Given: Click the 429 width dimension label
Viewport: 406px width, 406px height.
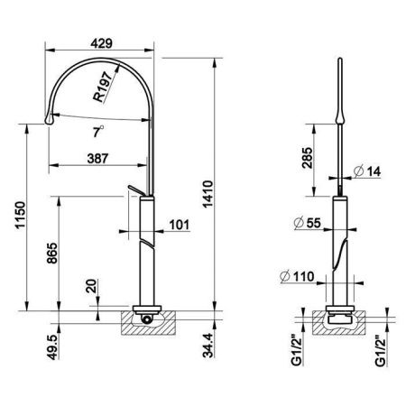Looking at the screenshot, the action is click(x=101, y=43).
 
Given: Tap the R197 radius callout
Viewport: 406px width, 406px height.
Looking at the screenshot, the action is click(x=103, y=87).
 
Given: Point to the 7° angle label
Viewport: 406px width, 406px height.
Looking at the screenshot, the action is click(x=97, y=132).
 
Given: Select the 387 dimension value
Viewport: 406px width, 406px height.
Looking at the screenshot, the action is click(x=97, y=158).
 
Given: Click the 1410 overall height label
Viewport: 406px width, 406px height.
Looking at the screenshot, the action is click(x=208, y=194).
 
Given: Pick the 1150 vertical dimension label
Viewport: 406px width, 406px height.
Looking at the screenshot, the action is click(x=21, y=216).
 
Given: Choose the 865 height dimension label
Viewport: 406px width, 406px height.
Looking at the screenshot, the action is click(x=52, y=254).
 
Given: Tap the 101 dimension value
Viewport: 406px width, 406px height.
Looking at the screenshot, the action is click(x=180, y=225).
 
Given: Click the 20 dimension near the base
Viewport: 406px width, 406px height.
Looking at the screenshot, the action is click(x=91, y=286).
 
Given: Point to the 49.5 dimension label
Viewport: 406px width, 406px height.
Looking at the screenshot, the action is click(x=52, y=346).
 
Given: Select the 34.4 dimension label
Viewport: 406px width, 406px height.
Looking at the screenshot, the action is click(x=208, y=345).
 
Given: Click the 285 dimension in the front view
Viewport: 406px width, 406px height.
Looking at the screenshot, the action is click(x=307, y=158).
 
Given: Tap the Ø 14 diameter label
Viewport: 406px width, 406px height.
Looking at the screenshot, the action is click(x=367, y=171).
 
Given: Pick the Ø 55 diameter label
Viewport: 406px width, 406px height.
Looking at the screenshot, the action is click(x=308, y=223).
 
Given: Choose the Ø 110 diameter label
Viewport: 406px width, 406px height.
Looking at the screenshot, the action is click(x=297, y=276).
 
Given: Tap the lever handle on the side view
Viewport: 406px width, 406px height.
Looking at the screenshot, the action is click(x=135, y=190).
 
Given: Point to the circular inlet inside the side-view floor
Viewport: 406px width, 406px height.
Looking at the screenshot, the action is click(x=146, y=318).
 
